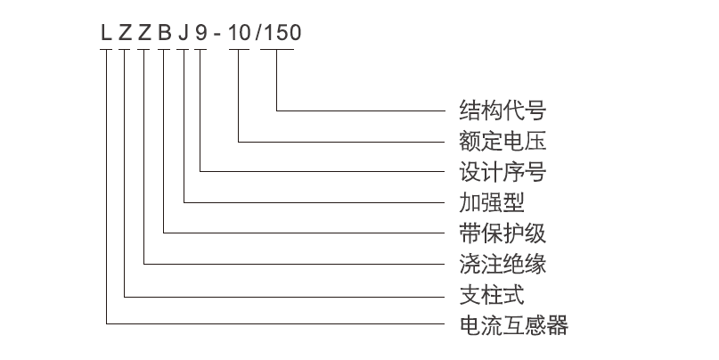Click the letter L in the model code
click(x=106, y=33)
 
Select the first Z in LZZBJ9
click(x=126, y=33)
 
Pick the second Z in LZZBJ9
click(x=145, y=33)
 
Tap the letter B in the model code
click(x=165, y=33)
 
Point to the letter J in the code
click(x=184, y=33)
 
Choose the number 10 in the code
click(x=240, y=33)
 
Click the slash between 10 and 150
click(x=258, y=33)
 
